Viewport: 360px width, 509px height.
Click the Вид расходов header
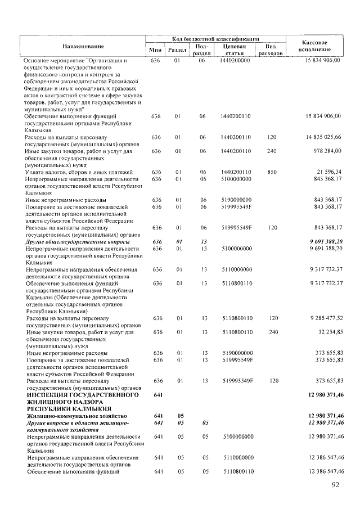tap(270, 49)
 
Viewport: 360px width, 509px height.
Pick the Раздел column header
tap(177, 50)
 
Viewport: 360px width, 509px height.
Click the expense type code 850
tap(272, 172)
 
